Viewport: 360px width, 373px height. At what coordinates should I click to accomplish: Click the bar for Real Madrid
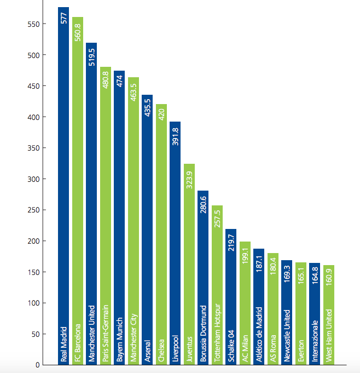click(x=63, y=186)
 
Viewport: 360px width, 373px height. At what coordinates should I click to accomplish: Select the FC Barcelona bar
click(x=78, y=192)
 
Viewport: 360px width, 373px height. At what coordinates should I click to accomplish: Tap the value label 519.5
click(x=92, y=56)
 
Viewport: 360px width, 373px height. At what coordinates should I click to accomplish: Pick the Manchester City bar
click(x=134, y=219)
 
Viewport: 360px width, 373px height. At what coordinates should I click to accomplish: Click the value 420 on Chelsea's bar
click(x=162, y=113)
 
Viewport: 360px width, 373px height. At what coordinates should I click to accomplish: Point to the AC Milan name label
click(x=246, y=348)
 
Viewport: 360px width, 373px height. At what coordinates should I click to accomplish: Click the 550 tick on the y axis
click(x=34, y=24)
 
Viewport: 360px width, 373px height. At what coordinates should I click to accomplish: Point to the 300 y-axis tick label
click(x=34, y=179)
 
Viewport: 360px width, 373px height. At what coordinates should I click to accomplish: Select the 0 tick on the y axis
click(x=38, y=365)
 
